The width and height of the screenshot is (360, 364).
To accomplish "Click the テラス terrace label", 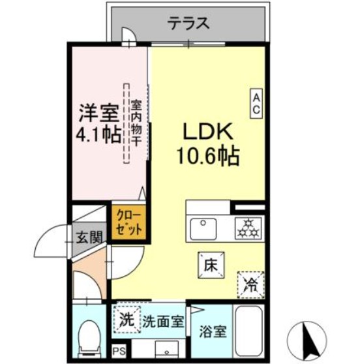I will (x=189, y=24).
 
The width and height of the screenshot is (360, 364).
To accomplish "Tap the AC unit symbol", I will (x=256, y=104).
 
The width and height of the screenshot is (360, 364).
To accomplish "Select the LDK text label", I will (x=207, y=133).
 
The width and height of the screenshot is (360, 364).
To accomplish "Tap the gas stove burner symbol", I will (x=247, y=229).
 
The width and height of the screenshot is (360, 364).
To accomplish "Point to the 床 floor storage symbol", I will (x=211, y=265).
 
